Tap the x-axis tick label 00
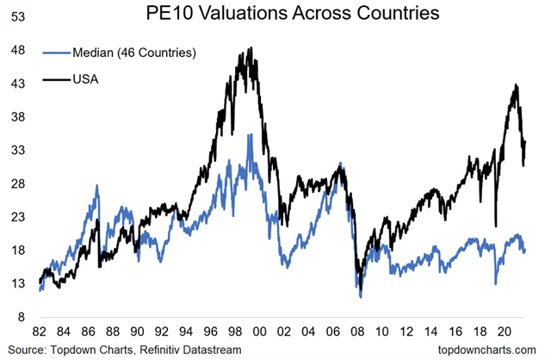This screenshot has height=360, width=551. [x=258, y=332]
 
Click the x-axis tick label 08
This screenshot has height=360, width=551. [x=356, y=332]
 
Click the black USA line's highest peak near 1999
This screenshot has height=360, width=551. [x=251, y=48]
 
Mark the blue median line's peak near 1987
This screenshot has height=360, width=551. [x=97, y=185]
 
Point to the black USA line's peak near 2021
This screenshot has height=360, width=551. [x=516, y=84]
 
